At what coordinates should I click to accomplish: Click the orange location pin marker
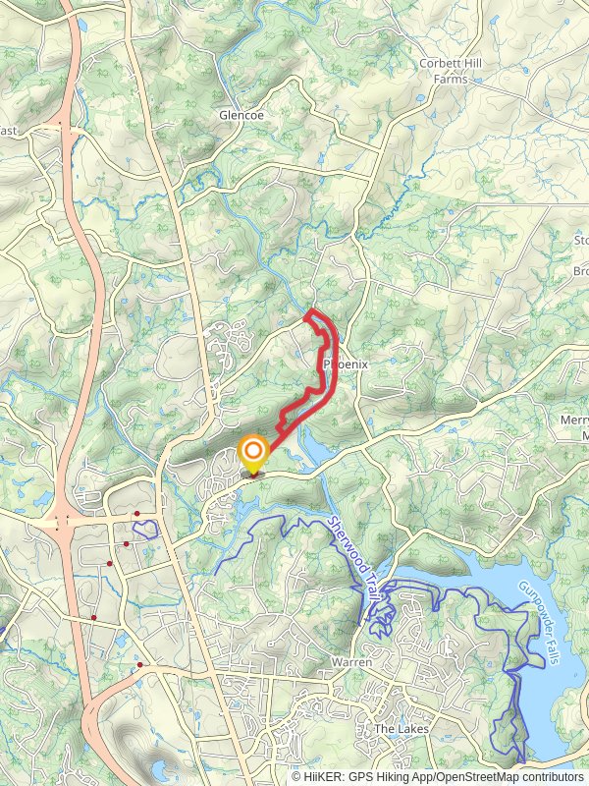click(253, 454)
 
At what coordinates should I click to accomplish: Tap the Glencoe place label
click(241, 115)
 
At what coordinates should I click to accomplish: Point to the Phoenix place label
click(346, 365)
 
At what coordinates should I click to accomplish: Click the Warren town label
click(351, 662)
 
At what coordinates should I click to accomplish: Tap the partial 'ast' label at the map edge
click(8, 131)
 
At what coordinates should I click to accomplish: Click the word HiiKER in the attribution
click(322, 777)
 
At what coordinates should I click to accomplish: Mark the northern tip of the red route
click(311, 311)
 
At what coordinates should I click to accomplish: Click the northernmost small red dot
click(137, 514)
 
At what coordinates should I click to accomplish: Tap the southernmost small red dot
click(140, 665)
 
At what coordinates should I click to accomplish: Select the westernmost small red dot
click(94, 617)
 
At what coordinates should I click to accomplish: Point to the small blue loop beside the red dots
click(146, 531)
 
